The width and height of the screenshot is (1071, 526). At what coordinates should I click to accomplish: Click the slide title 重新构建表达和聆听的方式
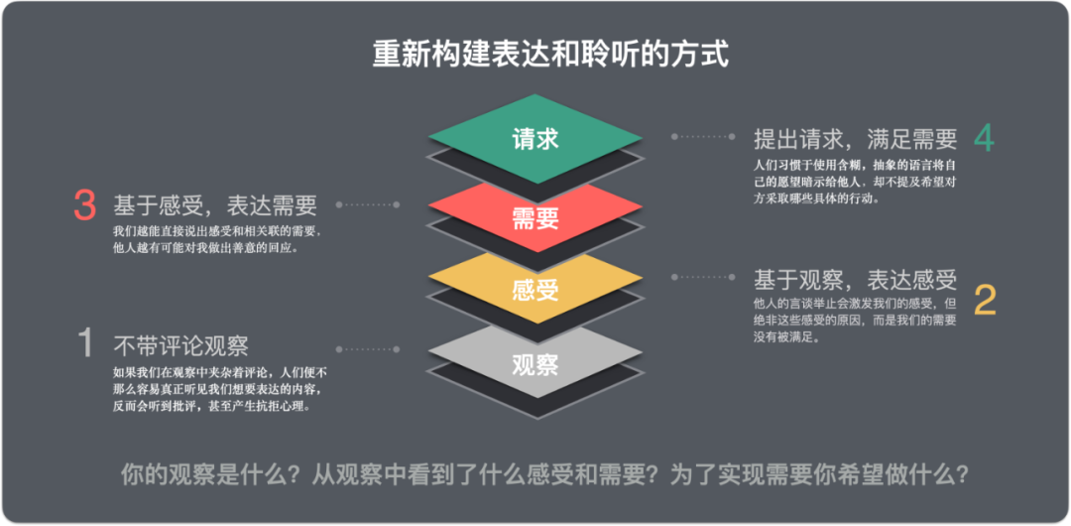pos(550,54)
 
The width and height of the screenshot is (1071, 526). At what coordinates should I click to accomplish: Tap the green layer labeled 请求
pos(535,139)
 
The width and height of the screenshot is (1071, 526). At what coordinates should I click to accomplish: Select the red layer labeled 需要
pos(535,217)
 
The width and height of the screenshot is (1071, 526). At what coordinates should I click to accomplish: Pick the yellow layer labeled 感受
pos(535,289)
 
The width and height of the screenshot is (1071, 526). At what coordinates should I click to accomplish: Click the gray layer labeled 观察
pos(535,363)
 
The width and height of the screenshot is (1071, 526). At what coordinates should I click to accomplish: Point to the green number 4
pos(983,138)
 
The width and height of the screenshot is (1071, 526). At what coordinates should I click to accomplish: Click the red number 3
pos(84,205)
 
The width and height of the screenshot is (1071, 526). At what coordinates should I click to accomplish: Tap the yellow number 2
pos(985,300)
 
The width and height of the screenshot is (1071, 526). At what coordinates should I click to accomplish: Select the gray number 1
pos(85,344)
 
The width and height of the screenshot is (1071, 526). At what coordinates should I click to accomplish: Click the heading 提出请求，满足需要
pos(855,139)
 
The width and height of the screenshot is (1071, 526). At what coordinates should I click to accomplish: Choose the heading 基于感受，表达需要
pos(215,205)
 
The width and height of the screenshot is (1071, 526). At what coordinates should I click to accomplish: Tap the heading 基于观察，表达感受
pos(855,279)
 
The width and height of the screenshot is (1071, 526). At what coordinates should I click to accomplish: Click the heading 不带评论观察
pos(180,345)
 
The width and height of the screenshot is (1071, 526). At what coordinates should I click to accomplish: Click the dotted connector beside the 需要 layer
pos(368,205)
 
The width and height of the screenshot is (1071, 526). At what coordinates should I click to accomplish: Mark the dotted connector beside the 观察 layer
pos(368,349)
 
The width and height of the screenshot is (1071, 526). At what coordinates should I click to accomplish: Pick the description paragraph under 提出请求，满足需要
pos(854,181)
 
